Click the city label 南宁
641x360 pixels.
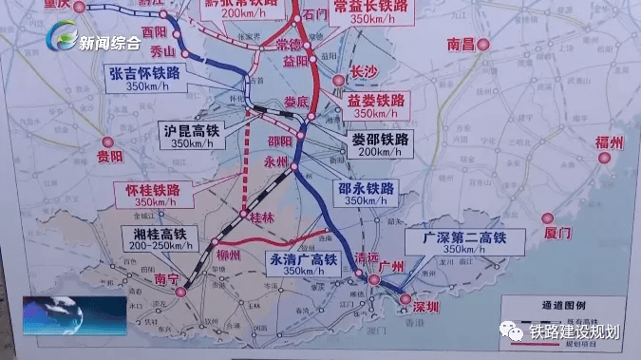tap(166, 279)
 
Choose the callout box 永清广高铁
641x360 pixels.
tap(303, 264)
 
